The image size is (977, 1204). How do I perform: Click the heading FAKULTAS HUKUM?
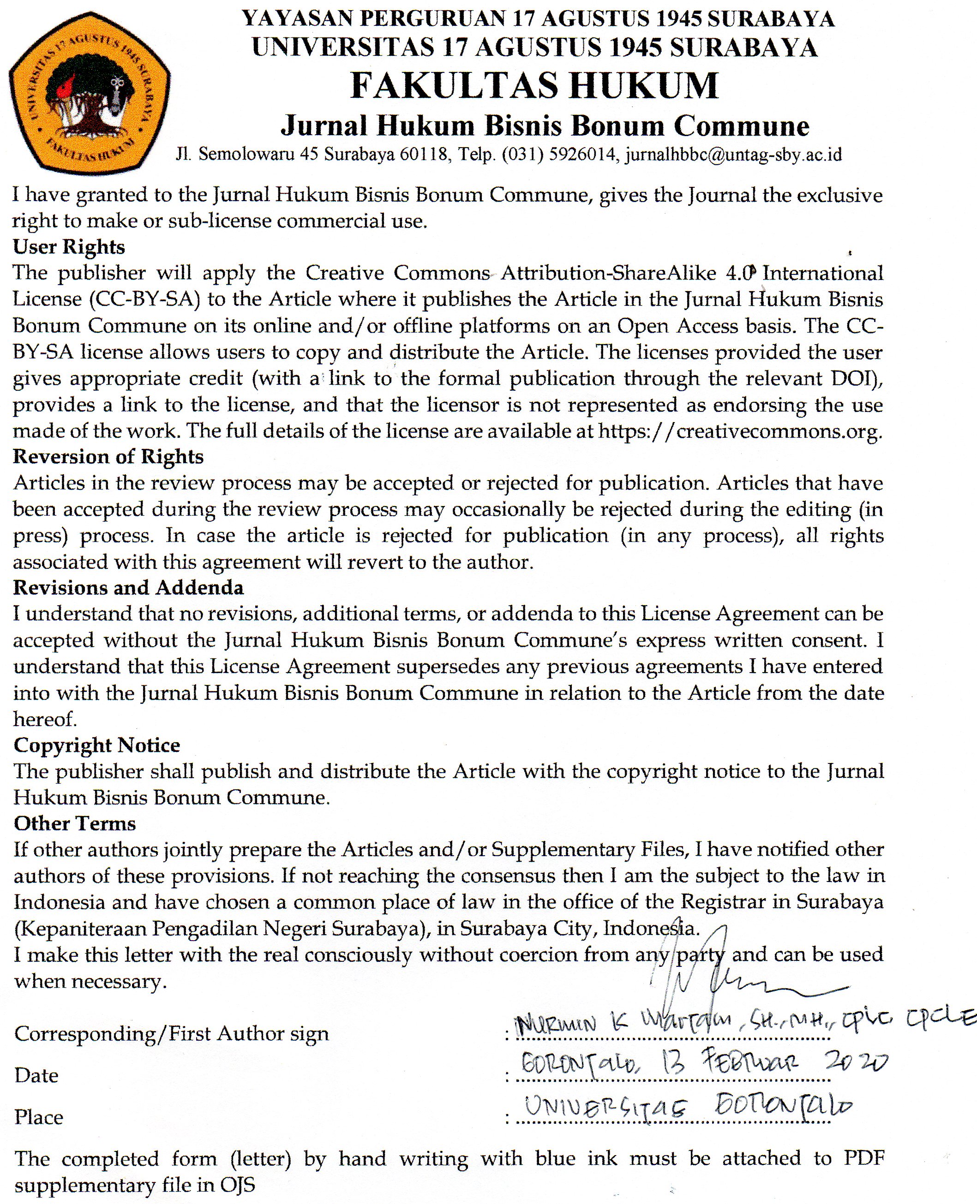(534, 86)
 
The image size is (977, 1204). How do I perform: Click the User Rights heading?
(69, 247)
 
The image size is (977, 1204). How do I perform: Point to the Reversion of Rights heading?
(108, 456)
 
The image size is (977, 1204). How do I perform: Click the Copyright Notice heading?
(97, 745)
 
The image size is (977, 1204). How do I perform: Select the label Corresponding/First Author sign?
(172, 1033)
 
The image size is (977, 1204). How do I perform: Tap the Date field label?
(36, 1075)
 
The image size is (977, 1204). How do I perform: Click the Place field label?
(39, 1117)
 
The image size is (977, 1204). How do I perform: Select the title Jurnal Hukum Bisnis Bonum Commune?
(545, 125)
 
